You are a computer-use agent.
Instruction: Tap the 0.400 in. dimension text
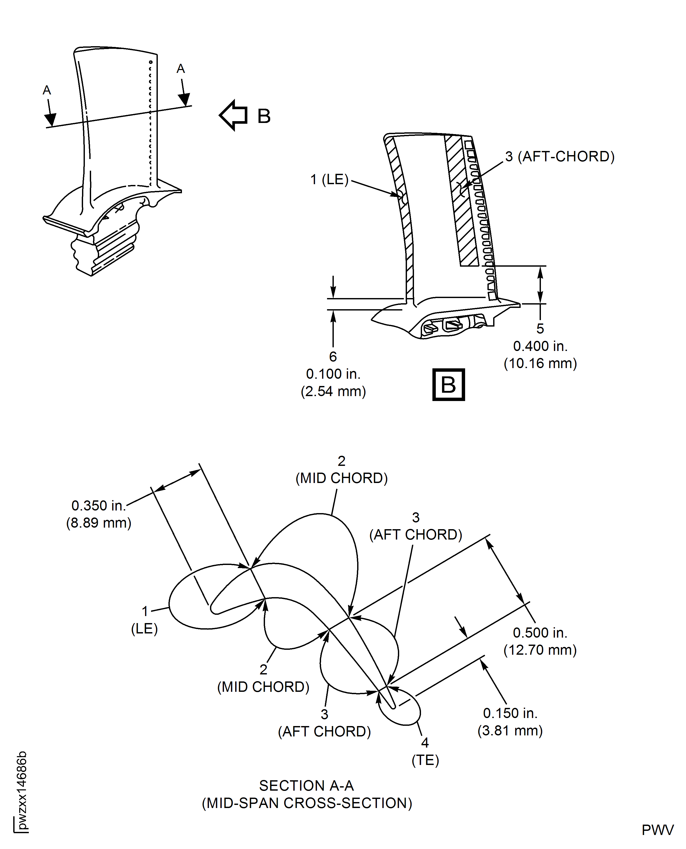(x=540, y=346)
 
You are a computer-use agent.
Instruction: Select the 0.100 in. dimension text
(x=333, y=374)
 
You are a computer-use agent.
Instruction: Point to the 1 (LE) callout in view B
(x=329, y=180)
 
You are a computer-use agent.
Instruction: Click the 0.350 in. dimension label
(x=98, y=506)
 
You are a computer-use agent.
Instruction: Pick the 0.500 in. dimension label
(x=540, y=633)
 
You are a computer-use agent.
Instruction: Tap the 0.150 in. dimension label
(x=510, y=713)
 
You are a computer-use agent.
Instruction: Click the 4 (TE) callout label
(x=425, y=751)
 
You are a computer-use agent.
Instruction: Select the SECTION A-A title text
(x=306, y=786)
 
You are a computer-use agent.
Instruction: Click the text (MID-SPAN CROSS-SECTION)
(x=307, y=803)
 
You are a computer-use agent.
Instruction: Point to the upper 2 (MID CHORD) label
(x=341, y=470)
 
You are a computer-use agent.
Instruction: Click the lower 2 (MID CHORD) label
(x=263, y=678)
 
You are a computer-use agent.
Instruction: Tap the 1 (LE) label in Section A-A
(x=145, y=620)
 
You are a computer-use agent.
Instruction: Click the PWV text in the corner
(x=657, y=830)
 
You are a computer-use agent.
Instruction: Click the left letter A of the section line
(x=47, y=91)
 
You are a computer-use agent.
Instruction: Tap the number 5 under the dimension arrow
(x=540, y=329)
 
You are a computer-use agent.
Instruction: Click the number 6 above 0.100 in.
(x=333, y=357)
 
